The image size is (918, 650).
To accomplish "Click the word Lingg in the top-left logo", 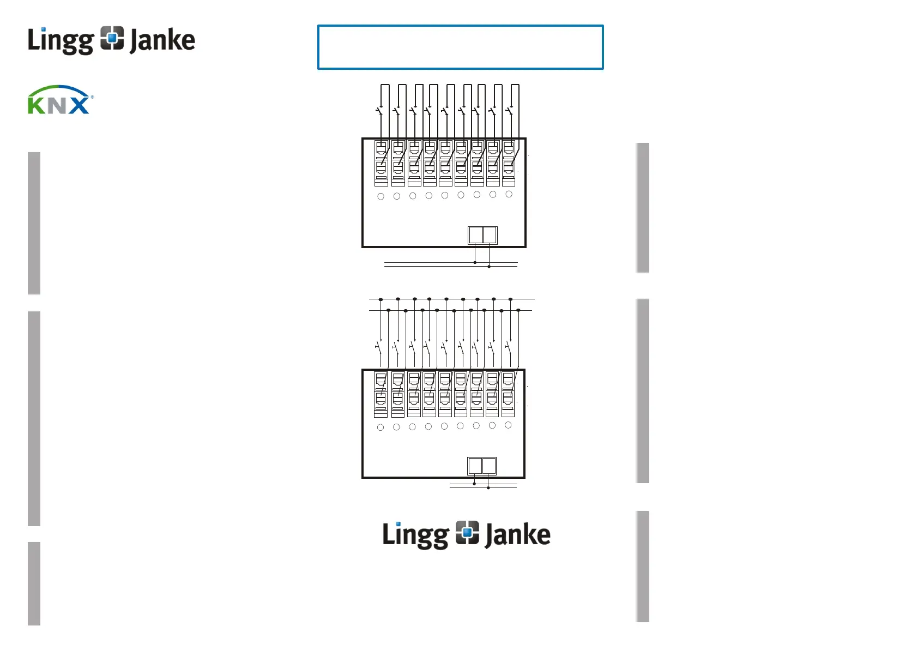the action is [60, 41].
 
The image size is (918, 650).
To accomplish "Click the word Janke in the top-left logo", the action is [162, 41].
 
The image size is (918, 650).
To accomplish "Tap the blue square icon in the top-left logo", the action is [112, 38].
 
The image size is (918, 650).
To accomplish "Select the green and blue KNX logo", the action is [60, 100].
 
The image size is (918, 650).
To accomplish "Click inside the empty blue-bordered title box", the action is [460, 47].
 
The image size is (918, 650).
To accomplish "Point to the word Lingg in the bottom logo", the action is [415, 535].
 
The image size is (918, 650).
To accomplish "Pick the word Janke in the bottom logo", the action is [517, 535].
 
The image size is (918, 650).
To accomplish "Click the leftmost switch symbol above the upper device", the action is [380, 111].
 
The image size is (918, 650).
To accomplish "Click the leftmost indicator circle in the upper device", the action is [381, 196].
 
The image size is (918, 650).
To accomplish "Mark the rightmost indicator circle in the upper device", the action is [509, 194].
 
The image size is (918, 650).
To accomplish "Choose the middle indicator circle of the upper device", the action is [445, 195].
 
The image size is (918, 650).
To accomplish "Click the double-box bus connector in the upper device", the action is [482, 235].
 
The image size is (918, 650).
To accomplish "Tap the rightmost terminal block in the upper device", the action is [509, 163].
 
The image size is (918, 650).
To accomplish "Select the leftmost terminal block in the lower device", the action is [381, 394].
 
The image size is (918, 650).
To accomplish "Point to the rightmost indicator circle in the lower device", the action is [508, 425].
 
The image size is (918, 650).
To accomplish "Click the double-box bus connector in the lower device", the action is [482, 466].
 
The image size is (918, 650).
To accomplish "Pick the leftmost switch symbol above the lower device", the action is [379, 347].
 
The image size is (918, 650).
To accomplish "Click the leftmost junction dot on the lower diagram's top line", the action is [381, 299].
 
